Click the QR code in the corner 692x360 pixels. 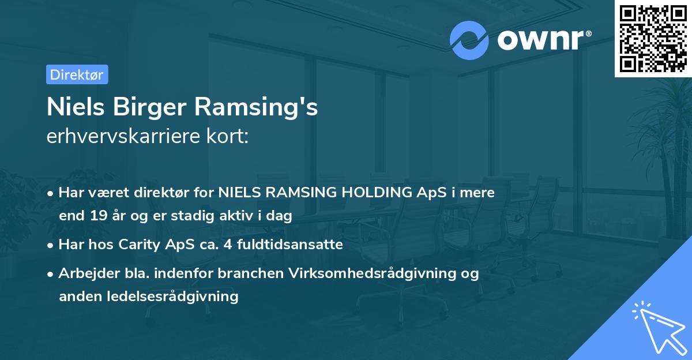tap(653, 39)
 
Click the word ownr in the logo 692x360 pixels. tap(539, 40)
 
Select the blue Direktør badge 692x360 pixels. tap(77, 74)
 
